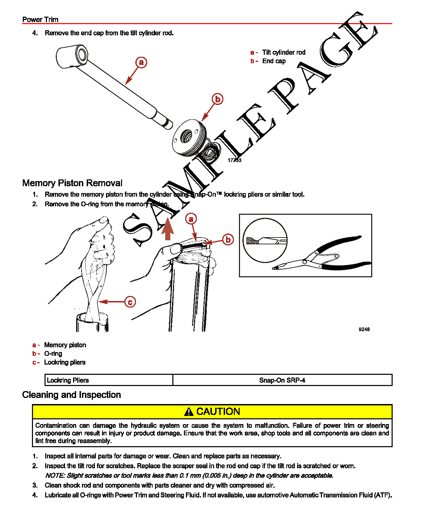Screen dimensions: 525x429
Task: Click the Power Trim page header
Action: pos(40,19)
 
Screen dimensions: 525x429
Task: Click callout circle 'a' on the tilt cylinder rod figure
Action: pos(141,62)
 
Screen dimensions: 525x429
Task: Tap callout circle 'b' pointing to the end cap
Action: pos(218,99)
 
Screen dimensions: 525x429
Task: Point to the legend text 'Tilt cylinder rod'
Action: pos(284,52)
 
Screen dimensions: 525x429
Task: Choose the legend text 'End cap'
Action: pos(274,61)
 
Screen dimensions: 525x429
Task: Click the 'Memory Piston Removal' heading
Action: pos(72,183)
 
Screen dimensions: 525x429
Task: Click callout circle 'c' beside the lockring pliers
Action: pos(130,302)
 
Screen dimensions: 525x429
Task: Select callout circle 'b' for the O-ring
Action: pos(228,240)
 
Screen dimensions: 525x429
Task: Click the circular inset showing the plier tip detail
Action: pos(265,240)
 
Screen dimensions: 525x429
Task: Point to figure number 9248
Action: pos(364,329)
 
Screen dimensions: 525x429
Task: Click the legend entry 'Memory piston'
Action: pos(65,345)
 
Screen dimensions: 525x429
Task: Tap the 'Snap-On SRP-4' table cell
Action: pos(282,380)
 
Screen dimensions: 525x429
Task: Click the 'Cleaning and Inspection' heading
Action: pos(71,395)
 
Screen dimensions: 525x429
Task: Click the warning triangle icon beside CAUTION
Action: pos(189,412)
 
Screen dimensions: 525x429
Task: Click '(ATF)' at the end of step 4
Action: pos(383,495)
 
